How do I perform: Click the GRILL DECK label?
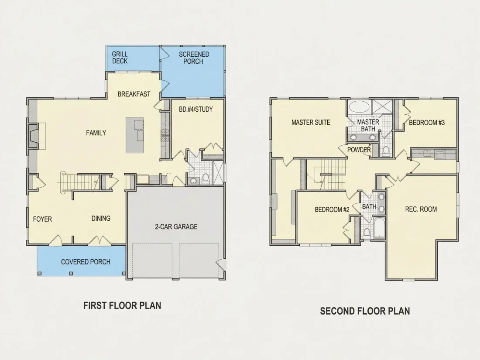(x=120, y=58)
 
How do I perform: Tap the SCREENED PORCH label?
(x=194, y=58)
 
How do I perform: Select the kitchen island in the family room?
(x=135, y=135)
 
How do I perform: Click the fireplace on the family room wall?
(x=33, y=136)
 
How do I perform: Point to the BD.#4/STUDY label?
(x=195, y=109)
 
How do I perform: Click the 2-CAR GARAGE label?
(x=176, y=227)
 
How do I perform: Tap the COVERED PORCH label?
(x=86, y=262)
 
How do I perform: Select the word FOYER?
(x=43, y=219)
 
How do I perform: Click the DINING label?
(x=101, y=218)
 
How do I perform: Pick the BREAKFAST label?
(x=134, y=94)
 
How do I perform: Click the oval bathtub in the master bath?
(x=360, y=107)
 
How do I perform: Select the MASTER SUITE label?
(x=311, y=123)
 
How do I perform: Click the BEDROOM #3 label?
(x=427, y=123)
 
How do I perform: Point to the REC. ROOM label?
(x=421, y=209)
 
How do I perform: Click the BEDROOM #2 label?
(x=332, y=210)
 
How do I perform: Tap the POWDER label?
(x=359, y=150)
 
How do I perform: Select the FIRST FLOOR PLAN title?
(x=122, y=305)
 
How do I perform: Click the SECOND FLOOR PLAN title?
(x=365, y=311)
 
